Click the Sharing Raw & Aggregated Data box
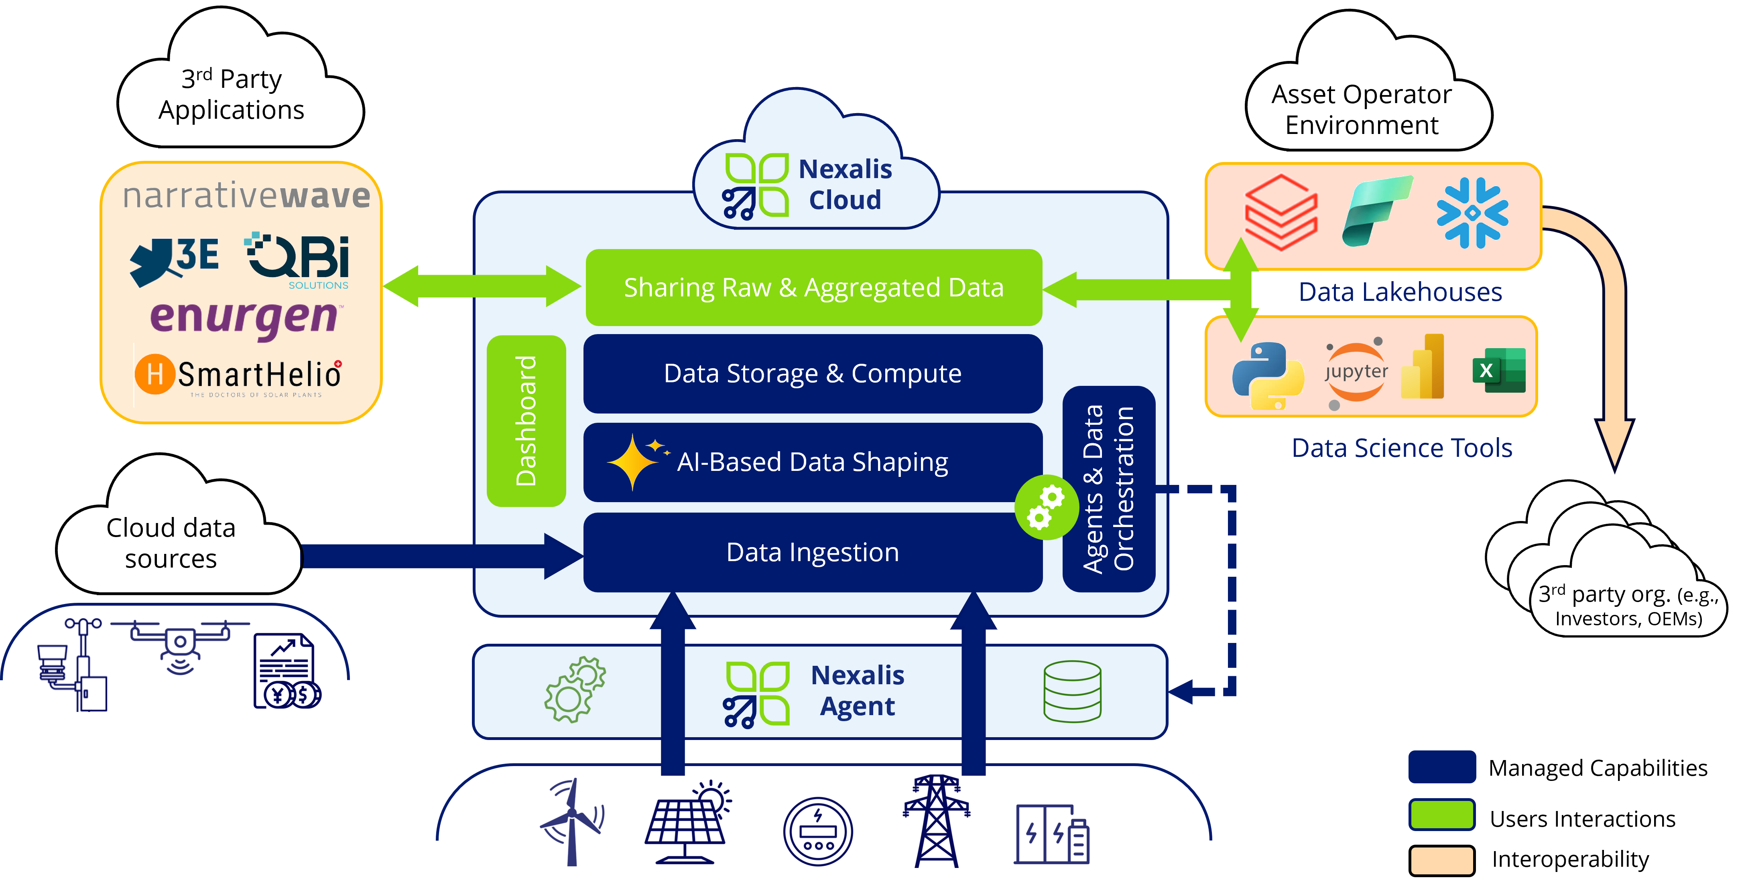[x=813, y=288]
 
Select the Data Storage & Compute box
[x=813, y=374]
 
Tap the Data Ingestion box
[x=813, y=552]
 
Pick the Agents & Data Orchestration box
[x=1108, y=489]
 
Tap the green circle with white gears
[x=1046, y=508]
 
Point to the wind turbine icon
[x=572, y=821]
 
